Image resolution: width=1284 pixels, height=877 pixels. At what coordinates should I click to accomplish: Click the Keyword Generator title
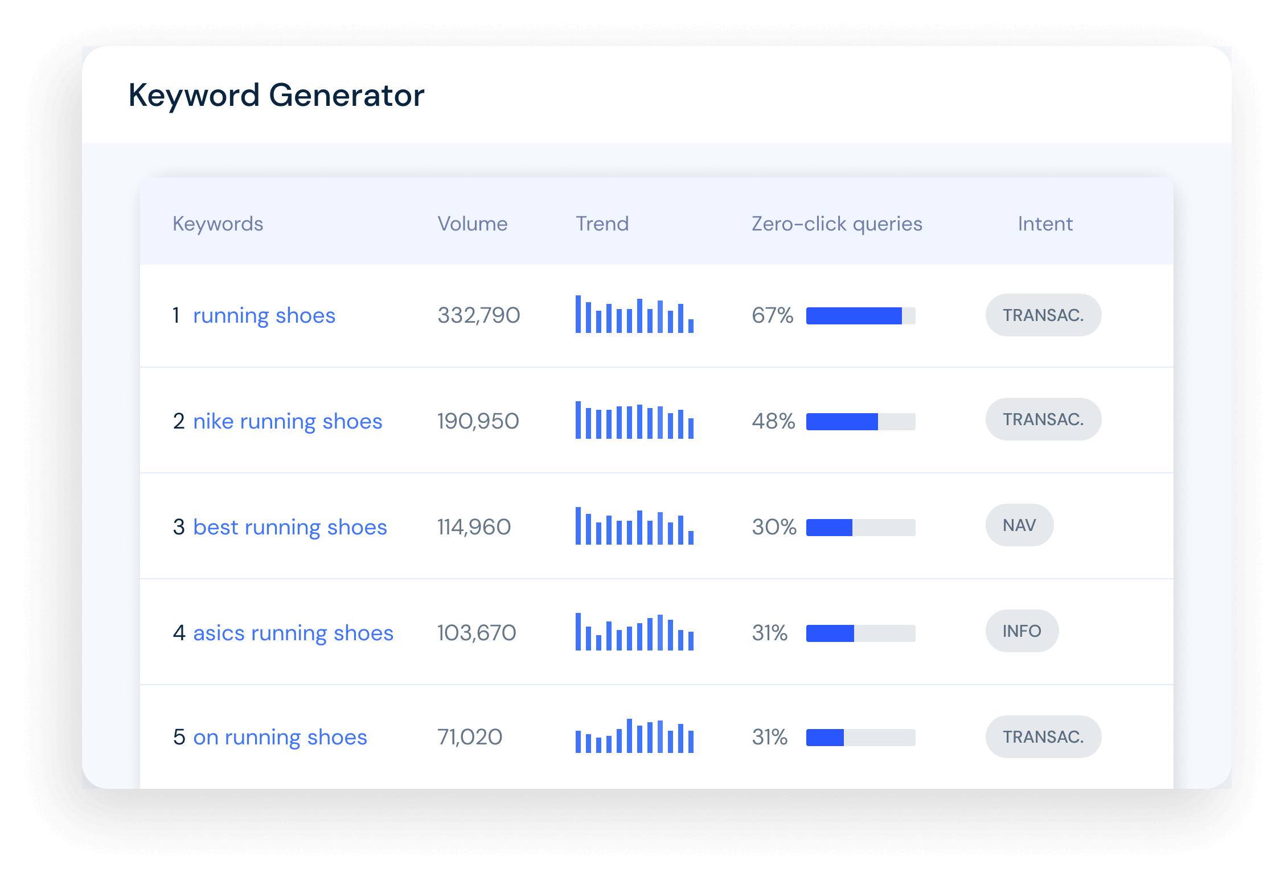click(276, 95)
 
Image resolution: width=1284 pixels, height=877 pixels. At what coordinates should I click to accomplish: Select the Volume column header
click(472, 224)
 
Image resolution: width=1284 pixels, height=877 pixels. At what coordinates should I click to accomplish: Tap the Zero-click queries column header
click(836, 224)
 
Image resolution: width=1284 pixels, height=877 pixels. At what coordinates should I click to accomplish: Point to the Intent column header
click(1045, 224)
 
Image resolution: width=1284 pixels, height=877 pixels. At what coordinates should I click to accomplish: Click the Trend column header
click(602, 224)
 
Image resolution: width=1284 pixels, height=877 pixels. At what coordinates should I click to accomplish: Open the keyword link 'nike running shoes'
click(288, 422)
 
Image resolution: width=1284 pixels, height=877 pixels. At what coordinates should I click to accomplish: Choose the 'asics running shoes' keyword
click(293, 633)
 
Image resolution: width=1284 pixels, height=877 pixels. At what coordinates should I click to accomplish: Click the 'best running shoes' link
click(290, 528)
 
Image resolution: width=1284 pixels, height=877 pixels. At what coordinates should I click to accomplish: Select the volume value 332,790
click(478, 315)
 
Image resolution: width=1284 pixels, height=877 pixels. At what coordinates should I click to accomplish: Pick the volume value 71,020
click(470, 737)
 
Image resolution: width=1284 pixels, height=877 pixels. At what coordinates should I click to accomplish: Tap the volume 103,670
click(477, 633)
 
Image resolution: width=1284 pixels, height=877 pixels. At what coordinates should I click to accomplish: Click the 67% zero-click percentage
click(772, 315)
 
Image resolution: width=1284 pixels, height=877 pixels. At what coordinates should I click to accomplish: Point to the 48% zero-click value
click(773, 421)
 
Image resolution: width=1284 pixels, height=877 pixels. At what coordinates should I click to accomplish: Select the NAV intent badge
click(1019, 525)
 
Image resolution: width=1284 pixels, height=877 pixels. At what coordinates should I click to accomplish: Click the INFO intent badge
click(1022, 631)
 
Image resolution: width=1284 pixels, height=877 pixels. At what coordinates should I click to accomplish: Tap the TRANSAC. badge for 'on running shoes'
click(1043, 736)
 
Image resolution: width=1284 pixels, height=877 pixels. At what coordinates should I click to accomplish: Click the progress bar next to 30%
click(860, 528)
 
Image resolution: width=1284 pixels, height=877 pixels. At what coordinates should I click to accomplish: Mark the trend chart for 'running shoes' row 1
click(634, 314)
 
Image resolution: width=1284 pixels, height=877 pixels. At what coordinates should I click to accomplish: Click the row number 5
click(179, 737)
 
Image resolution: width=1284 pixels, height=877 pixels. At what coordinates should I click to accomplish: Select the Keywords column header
click(218, 224)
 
